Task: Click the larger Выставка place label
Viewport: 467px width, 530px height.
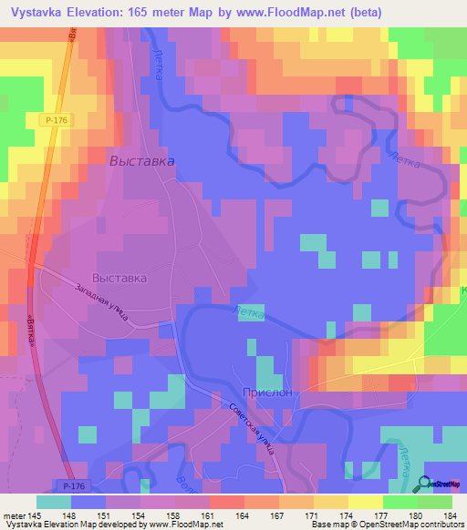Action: (141, 161)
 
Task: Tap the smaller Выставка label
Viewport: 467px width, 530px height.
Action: (119, 278)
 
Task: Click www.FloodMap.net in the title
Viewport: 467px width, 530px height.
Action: (288, 12)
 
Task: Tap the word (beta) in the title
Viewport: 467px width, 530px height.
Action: (361, 12)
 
